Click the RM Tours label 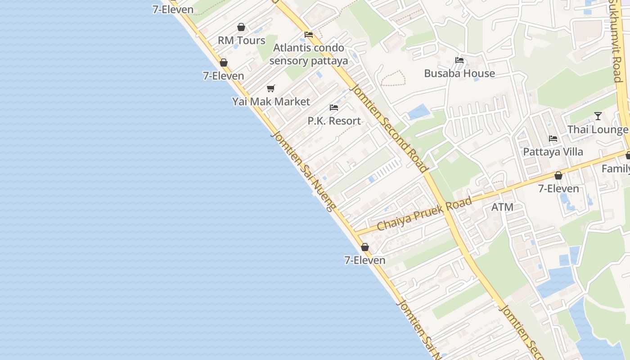pyautogui.click(x=242, y=40)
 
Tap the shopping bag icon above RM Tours pyautogui.click(x=241, y=27)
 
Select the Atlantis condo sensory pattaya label pyautogui.click(x=309, y=54)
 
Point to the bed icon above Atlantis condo pyautogui.click(x=309, y=34)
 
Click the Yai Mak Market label pyautogui.click(x=271, y=102)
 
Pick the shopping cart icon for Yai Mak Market pyautogui.click(x=270, y=88)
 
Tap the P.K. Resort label pyautogui.click(x=334, y=121)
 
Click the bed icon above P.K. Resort pyautogui.click(x=334, y=108)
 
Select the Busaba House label pyautogui.click(x=459, y=73)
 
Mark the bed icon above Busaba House pyautogui.click(x=459, y=60)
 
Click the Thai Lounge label pyautogui.click(x=598, y=130)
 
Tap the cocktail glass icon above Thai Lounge pyautogui.click(x=598, y=116)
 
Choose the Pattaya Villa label pyautogui.click(x=553, y=152)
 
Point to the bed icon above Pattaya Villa pyautogui.click(x=553, y=138)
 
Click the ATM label pyautogui.click(x=502, y=207)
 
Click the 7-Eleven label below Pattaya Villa pyautogui.click(x=558, y=189)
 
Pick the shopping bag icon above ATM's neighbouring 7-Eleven pyautogui.click(x=558, y=175)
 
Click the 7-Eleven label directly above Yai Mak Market pyautogui.click(x=224, y=76)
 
